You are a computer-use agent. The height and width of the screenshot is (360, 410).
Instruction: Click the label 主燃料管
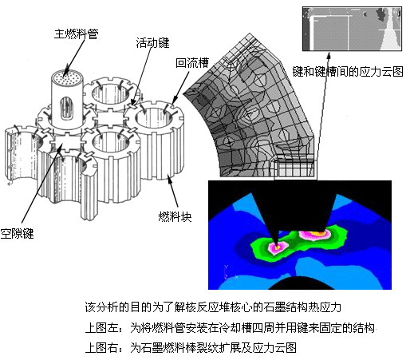(x=76, y=34)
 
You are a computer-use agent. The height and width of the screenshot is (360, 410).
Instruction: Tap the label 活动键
(x=152, y=43)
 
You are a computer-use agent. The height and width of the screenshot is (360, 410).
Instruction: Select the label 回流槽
(x=192, y=63)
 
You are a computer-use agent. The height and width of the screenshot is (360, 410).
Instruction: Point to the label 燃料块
(x=175, y=216)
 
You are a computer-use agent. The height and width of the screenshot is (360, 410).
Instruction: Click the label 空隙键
(x=17, y=233)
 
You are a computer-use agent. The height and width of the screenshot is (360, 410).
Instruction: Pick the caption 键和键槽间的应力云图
(x=348, y=72)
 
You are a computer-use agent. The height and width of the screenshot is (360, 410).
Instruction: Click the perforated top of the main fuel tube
(x=67, y=78)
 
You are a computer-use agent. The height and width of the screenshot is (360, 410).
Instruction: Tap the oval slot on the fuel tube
(x=67, y=109)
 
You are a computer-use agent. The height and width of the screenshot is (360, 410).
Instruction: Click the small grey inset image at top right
(x=352, y=29)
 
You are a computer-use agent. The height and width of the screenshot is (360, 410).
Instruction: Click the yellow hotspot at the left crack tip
(x=277, y=247)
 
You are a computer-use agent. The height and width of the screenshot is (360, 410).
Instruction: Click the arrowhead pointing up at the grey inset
(x=329, y=55)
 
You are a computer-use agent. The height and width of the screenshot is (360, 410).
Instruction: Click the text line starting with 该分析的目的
(x=213, y=307)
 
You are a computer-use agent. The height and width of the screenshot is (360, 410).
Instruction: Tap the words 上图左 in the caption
(x=101, y=327)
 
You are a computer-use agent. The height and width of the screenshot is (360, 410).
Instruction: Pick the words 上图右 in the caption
(x=101, y=348)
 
